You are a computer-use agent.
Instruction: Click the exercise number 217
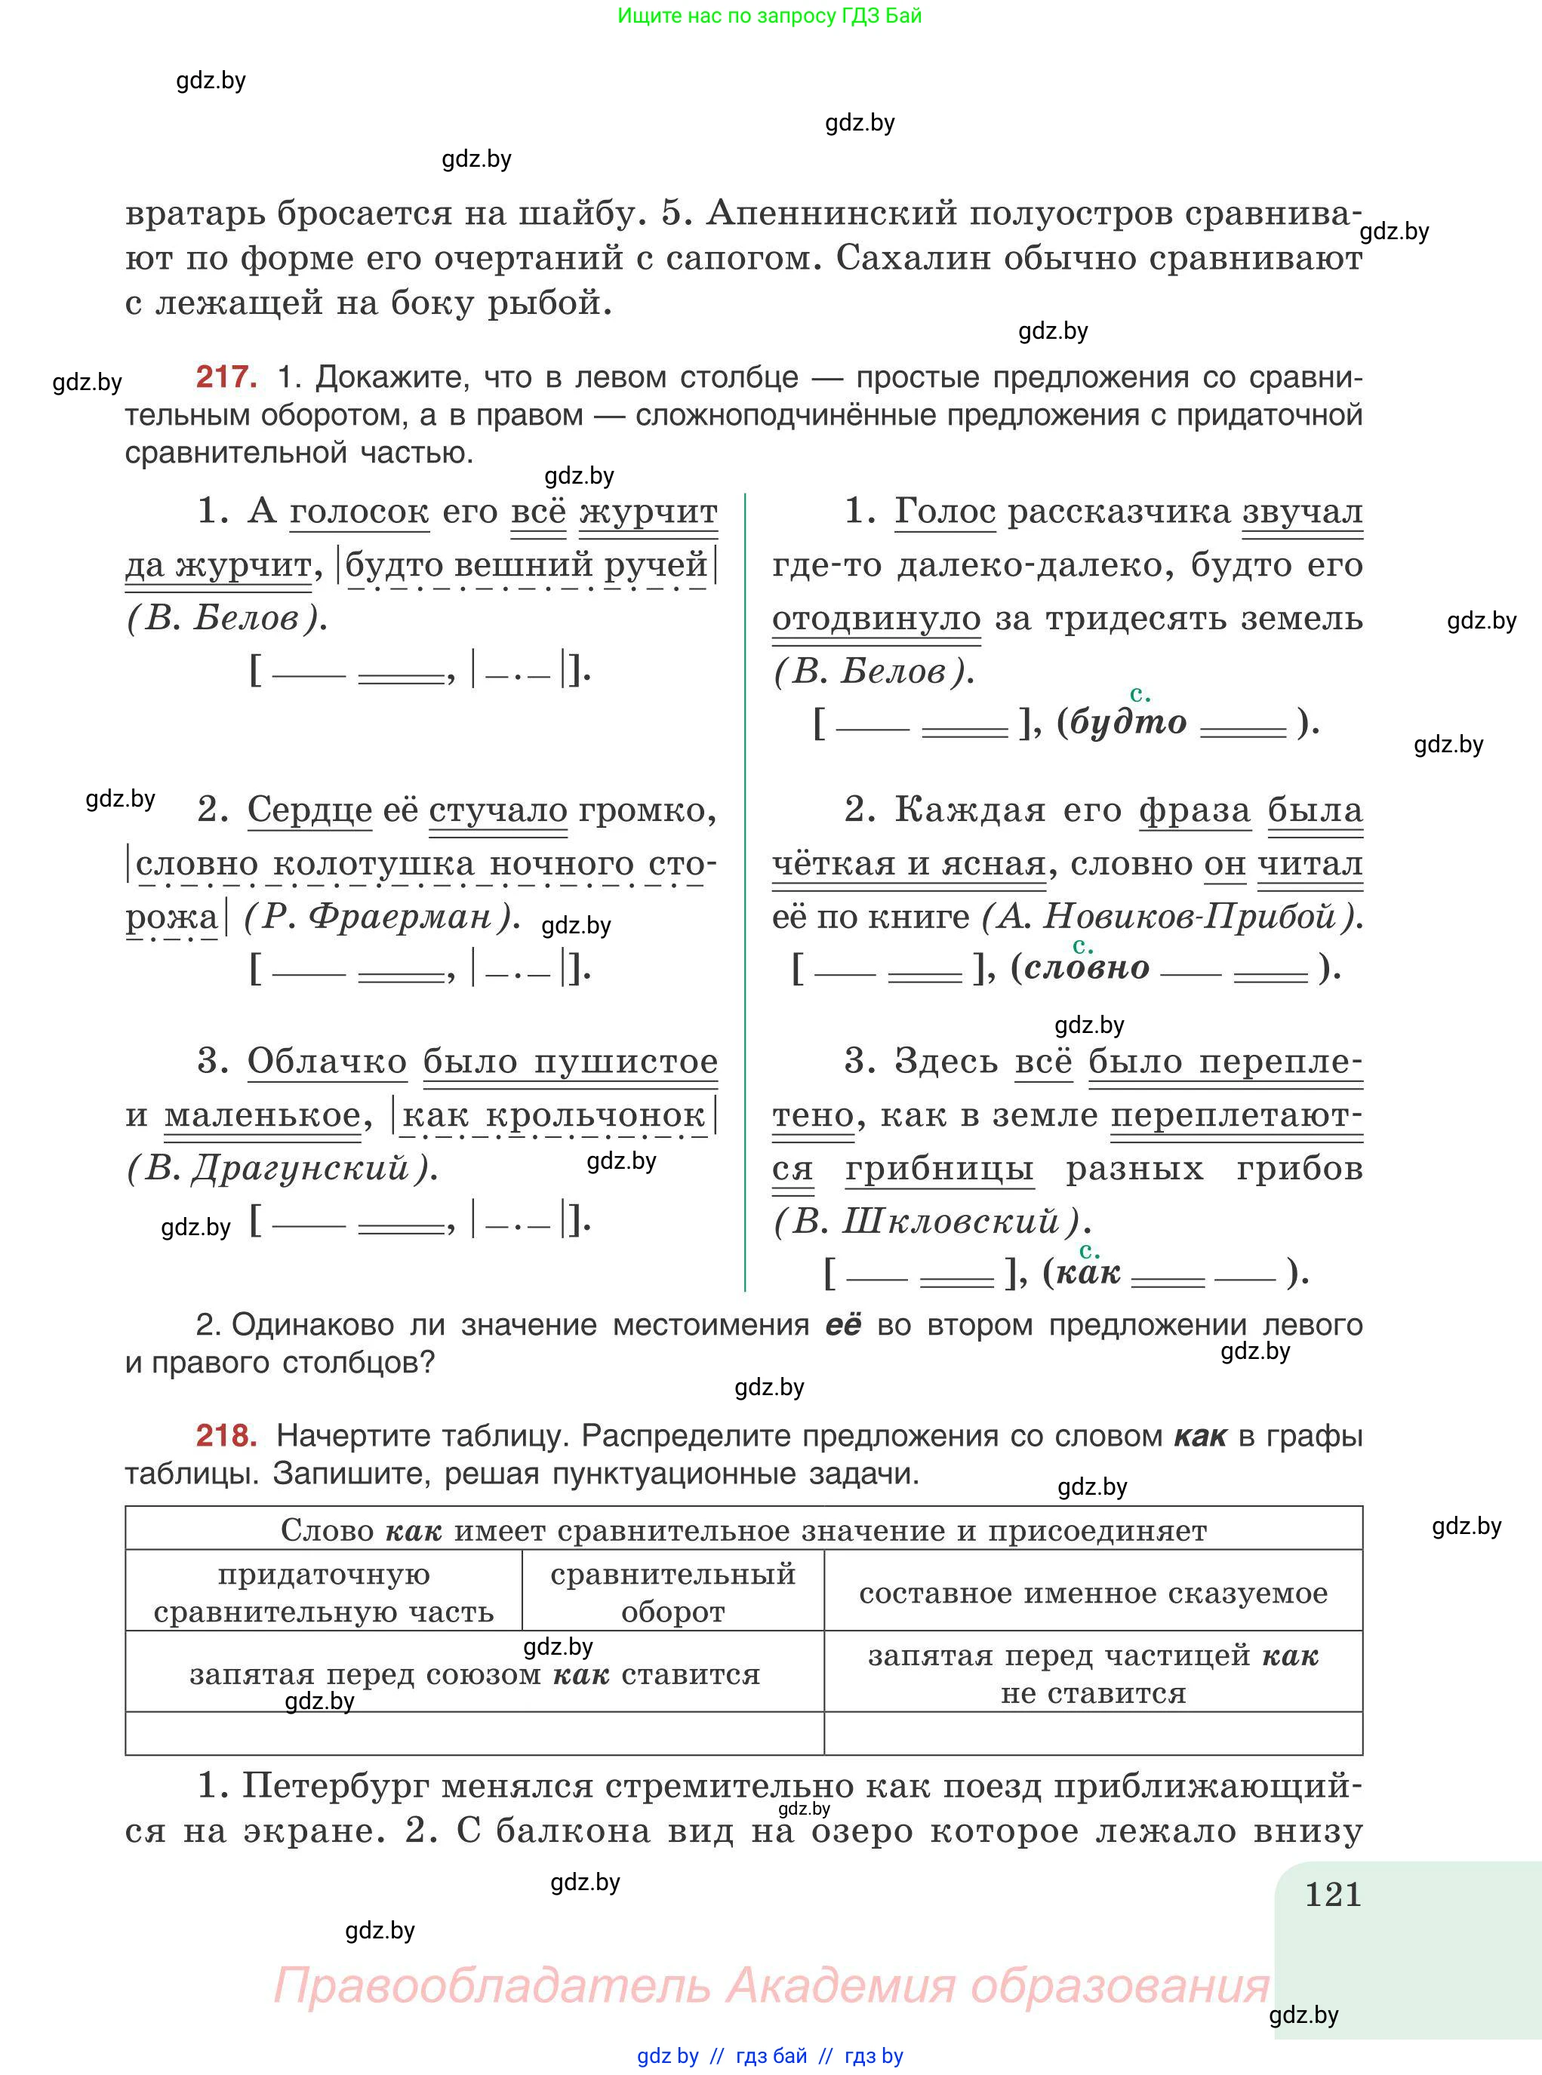click(x=226, y=377)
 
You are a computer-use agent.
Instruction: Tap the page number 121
click(x=1333, y=1895)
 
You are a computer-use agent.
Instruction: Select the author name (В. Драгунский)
click(x=281, y=1168)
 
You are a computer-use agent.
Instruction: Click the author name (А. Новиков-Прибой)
click(x=1171, y=917)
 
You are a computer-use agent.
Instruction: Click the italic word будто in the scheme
click(x=1128, y=722)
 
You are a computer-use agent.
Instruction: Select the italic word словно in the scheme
click(x=1086, y=967)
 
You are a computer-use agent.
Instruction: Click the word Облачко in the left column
click(x=327, y=1062)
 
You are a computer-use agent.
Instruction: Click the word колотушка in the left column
click(x=374, y=864)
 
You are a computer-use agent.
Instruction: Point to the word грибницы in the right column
click(x=939, y=1169)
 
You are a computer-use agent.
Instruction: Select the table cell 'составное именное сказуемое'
click(x=1093, y=1593)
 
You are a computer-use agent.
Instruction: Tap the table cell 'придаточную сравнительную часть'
click(x=323, y=1593)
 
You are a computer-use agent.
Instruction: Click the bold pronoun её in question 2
click(x=843, y=1325)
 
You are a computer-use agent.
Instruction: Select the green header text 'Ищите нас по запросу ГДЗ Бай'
click(x=769, y=16)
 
